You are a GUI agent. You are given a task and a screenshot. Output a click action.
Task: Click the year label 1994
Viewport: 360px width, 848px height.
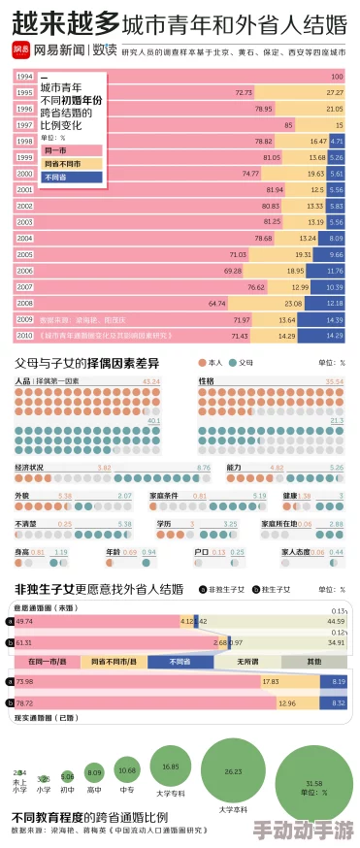click(x=25, y=76)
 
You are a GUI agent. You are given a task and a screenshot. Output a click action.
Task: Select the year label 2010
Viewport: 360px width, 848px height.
click(x=25, y=336)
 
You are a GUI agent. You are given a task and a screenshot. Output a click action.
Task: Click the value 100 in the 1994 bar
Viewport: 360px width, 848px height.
click(x=336, y=76)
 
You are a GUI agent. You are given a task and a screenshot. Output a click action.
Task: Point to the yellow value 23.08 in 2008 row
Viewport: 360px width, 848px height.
click(x=293, y=303)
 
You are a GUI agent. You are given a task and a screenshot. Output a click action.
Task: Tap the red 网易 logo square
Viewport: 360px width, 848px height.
click(x=20, y=48)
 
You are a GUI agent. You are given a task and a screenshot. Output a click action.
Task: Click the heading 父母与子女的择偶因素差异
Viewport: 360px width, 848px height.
click(x=87, y=362)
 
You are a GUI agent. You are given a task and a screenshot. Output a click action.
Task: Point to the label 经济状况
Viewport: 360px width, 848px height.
click(x=29, y=468)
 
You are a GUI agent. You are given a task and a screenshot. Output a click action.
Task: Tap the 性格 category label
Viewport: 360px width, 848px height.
click(x=207, y=381)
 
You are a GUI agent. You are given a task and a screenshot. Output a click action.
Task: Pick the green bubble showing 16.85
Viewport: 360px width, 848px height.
click(x=171, y=766)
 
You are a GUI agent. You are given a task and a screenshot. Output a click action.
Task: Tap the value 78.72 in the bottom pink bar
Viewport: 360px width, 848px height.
click(x=24, y=702)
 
